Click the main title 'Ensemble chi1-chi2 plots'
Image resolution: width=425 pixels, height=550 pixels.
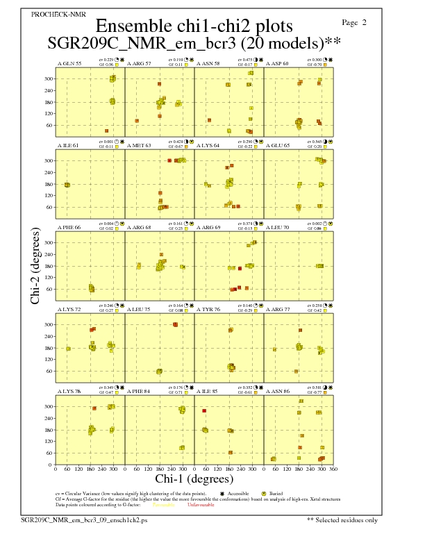190,26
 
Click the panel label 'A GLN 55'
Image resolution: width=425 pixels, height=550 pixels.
69,63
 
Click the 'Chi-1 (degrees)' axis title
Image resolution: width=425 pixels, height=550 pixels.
194,479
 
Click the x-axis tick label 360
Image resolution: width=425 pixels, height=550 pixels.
334,470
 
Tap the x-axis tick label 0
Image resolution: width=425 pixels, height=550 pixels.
56,470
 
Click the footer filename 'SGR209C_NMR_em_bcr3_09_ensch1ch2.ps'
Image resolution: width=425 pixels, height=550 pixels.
84,519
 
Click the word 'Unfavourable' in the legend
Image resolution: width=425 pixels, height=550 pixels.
201,505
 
